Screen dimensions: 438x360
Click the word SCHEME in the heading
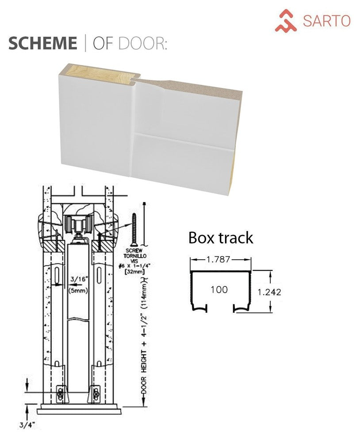pos(42,43)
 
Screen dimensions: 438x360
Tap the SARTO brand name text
pos(326,20)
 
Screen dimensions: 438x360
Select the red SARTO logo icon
pos(286,21)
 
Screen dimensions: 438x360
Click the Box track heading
pos(221,238)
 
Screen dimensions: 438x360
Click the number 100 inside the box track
pos(219,289)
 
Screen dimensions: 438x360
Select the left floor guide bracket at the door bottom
pos(61,393)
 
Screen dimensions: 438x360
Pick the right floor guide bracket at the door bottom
pos(96,393)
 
